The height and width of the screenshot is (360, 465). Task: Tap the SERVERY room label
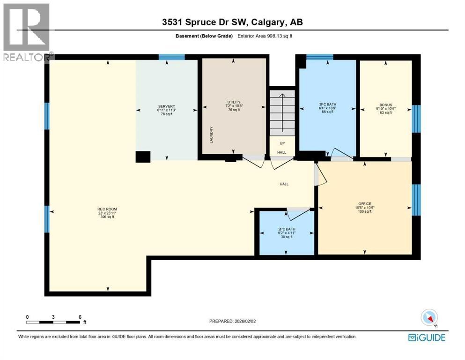(x=167, y=106)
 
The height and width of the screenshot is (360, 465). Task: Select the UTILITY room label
(x=234, y=102)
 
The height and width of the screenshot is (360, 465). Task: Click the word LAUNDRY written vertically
(x=211, y=135)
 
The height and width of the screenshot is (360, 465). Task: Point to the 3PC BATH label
(x=328, y=105)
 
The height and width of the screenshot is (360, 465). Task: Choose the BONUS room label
(x=385, y=105)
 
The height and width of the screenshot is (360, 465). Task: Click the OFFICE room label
(x=364, y=203)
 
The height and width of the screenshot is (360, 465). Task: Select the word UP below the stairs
(x=282, y=143)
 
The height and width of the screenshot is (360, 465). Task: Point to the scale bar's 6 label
(x=80, y=317)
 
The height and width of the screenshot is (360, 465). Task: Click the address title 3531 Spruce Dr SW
(x=232, y=22)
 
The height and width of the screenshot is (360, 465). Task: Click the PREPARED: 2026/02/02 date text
(x=234, y=321)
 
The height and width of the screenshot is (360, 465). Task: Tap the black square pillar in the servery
(x=143, y=157)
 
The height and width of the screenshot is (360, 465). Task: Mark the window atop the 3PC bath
(x=319, y=57)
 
